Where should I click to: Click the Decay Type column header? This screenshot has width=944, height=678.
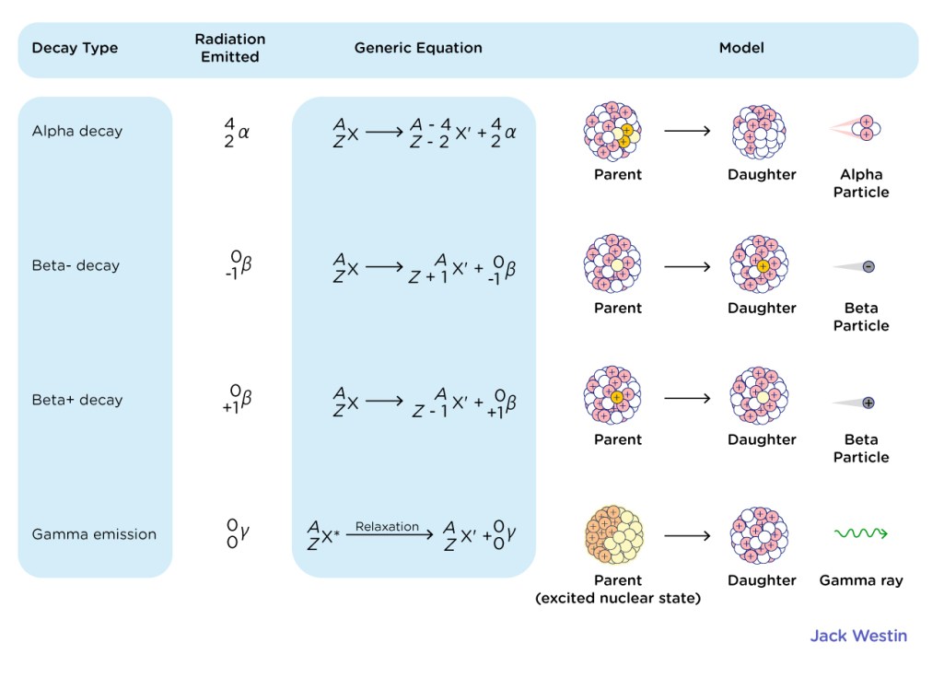pos(75,48)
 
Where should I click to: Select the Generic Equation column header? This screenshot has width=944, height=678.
pos(418,48)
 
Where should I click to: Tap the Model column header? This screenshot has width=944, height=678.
pos(741,48)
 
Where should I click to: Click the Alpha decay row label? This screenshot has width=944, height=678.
pos(77,131)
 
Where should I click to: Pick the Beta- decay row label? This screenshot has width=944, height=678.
pos(76,265)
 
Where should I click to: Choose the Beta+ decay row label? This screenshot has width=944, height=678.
pos(77,400)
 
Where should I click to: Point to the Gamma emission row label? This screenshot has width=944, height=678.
pos(94,534)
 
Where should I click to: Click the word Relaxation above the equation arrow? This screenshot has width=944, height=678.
pos(387,526)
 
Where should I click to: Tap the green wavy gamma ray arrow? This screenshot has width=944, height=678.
pos(861,532)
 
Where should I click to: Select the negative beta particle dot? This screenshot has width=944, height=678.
pos(868,267)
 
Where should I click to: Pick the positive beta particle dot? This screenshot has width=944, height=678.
pos(868,403)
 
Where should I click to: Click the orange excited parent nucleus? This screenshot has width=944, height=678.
pos(613,534)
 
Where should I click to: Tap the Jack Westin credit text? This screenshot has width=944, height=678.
pos(858,636)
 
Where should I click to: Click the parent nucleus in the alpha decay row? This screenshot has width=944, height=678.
pos(612,132)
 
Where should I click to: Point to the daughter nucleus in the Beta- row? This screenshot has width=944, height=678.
pos(759,264)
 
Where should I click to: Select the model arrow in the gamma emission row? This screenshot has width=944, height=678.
pos(687,535)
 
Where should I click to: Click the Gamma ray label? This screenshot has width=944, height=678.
pos(861,580)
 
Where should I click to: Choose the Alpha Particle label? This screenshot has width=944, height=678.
pos(861,183)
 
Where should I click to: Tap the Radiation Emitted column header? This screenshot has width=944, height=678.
pos(230,48)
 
